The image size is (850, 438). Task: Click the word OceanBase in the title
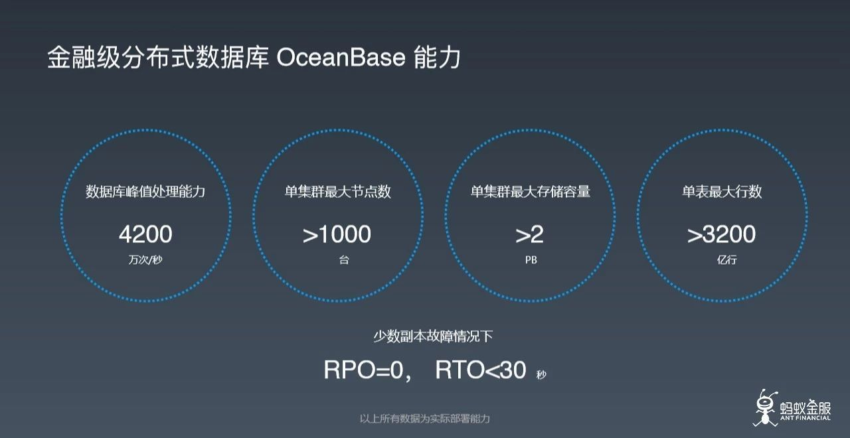(340, 58)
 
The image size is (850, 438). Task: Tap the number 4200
(145, 234)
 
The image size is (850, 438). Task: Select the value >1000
(337, 234)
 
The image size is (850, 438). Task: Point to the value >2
(530, 234)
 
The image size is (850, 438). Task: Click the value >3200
(721, 234)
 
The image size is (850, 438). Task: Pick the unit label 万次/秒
(145, 260)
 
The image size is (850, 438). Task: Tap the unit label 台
(343, 260)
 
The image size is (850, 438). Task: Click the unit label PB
(531, 260)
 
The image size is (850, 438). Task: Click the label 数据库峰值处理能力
(145, 192)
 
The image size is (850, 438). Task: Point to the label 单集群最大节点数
(338, 192)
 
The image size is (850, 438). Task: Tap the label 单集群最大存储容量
(531, 192)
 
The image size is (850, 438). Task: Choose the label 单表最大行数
(722, 192)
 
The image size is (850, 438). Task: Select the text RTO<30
(481, 370)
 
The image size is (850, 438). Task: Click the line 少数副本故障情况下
(433, 336)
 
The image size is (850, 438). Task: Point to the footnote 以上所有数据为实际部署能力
(425, 419)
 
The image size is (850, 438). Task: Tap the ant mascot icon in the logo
(766, 405)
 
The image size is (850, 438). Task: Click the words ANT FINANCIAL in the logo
(806, 417)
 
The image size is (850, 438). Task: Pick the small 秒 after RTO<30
(541, 375)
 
